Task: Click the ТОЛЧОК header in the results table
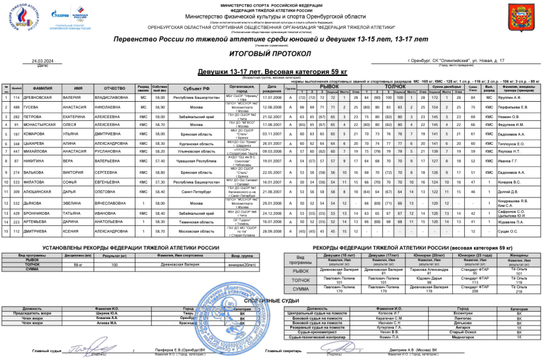[x=395, y=86]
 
